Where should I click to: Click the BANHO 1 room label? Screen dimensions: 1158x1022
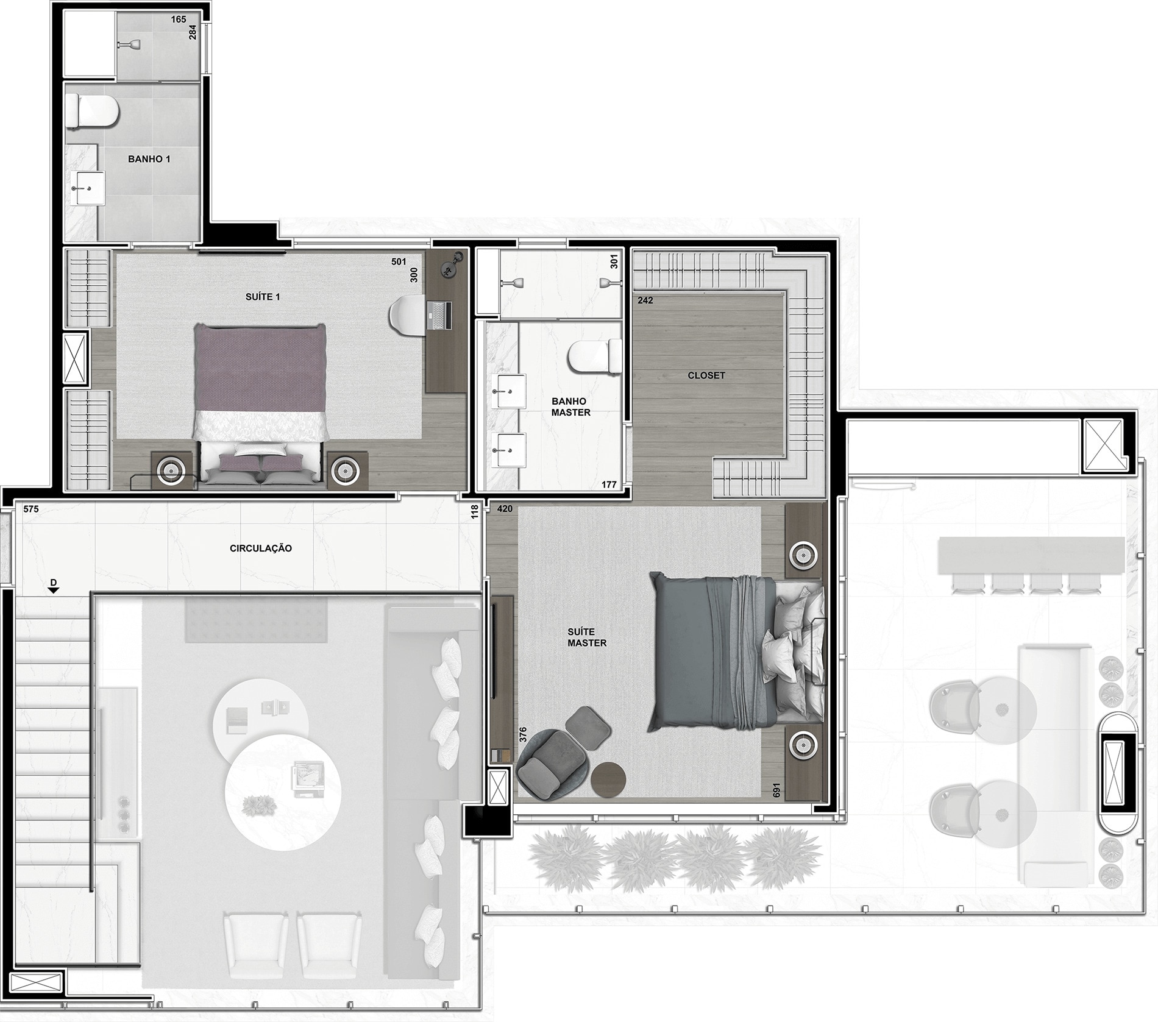[x=149, y=159]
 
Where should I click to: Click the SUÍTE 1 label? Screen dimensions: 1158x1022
[x=263, y=297]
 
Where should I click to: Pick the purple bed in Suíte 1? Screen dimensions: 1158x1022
[x=260, y=405]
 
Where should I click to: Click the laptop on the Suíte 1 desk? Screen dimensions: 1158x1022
[x=440, y=316]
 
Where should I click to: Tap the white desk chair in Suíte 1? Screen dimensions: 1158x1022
[x=408, y=316]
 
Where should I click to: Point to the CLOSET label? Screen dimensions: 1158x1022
[x=706, y=375]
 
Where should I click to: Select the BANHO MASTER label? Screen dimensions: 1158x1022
[x=571, y=406]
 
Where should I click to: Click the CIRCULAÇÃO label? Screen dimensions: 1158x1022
[x=261, y=548]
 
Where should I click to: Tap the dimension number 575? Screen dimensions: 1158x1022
[x=30, y=509]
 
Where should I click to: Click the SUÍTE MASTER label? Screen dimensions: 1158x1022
[x=587, y=637]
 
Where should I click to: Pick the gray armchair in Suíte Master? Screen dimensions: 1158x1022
[x=550, y=762]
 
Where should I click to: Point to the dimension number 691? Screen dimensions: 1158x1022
[x=776, y=790]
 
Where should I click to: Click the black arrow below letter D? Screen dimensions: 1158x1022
[x=54, y=590]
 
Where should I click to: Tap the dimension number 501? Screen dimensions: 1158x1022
[x=399, y=262]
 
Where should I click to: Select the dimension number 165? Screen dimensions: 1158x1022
[x=178, y=20]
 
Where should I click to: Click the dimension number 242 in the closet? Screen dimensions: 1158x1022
[x=645, y=300]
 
